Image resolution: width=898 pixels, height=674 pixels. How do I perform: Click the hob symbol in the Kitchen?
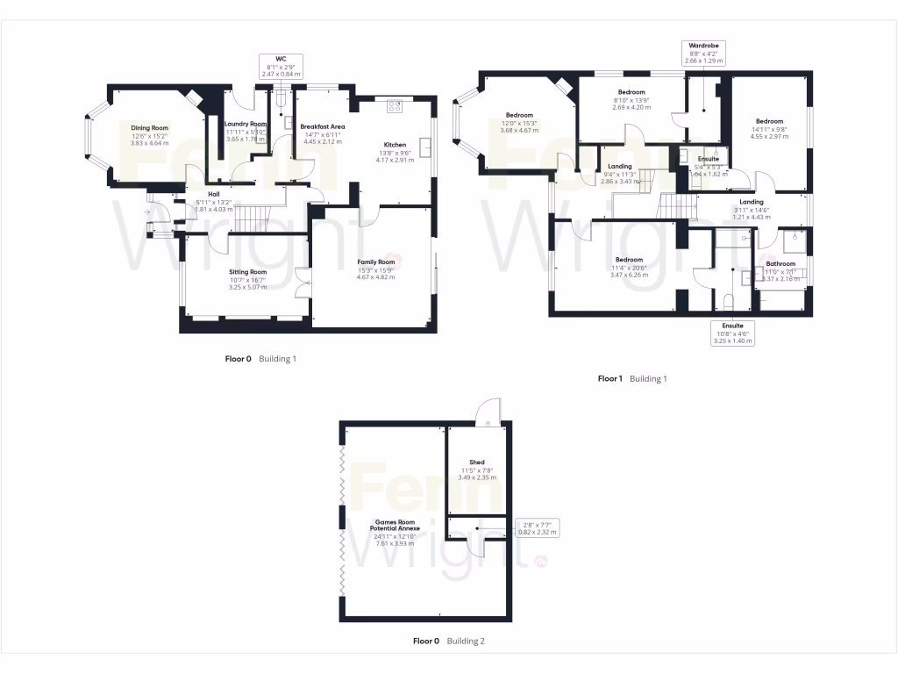[x=393, y=106]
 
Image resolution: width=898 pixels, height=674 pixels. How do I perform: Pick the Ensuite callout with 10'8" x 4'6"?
[x=727, y=333]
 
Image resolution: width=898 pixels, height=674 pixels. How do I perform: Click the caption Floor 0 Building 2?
[x=448, y=642]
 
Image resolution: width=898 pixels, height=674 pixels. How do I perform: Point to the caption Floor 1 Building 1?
[x=632, y=378]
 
